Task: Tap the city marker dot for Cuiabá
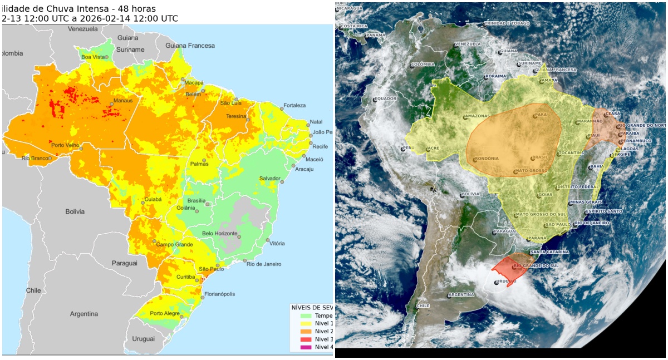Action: pos(143,203)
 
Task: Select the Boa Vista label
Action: pos(93,57)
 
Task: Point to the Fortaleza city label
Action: pos(294,105)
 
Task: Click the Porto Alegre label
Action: pos(164,313)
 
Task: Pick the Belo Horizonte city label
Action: pos(219,233)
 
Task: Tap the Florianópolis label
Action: pos(220,294)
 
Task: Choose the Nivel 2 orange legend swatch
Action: pos(305,331)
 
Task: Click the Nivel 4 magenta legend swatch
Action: pos(305,347)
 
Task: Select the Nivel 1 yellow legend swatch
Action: pos(305,323)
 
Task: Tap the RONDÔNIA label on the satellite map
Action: pos(487,159)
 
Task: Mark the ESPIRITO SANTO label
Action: pos(604,211)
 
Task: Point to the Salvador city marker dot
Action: pos(282,182)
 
